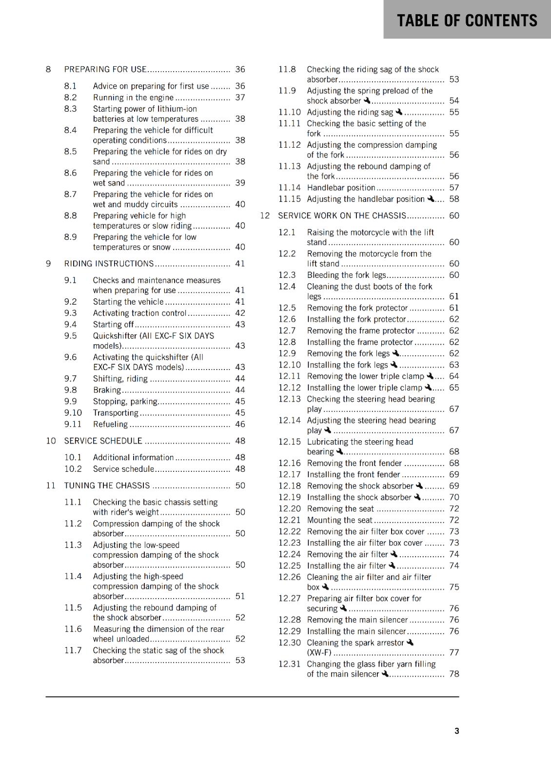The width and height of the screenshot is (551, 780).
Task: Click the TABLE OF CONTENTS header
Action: (x=467, y=20)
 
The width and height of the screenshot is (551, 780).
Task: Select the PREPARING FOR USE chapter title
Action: (x=105, y=69)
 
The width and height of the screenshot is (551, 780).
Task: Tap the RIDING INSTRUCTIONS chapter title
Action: (x=109, y=264)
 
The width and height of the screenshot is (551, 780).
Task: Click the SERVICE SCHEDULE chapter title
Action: (x=103, y=441)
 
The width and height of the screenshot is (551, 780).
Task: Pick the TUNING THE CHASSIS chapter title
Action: (x=107, y=486)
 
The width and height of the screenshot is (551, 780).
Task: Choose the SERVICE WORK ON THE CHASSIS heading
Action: (x=342, y=215)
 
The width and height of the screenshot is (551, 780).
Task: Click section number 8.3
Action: (x=70, y=109)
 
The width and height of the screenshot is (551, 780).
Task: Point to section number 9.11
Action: (x=73, y=424)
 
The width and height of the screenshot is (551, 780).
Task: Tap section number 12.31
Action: (x=289, y=664)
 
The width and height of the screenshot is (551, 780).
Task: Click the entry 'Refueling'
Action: (x=110, y=424)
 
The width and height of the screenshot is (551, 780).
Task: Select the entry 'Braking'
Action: (x=107, y=390)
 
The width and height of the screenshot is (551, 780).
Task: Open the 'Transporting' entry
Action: (x=116, y=413)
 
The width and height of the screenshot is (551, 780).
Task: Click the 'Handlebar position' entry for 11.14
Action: (x=341, y=188)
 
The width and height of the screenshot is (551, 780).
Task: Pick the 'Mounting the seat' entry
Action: (x=339, y=520)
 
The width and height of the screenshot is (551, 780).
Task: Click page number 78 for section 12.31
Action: (x=454, y=674)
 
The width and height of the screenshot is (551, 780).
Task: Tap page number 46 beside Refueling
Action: (x=240, y=424)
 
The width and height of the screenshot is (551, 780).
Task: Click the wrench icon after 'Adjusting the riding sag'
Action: (x=399, y=112)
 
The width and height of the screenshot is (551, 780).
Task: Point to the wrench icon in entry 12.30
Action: (x=410, y=642)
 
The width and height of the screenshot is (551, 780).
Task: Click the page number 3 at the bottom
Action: (x=456, y=731)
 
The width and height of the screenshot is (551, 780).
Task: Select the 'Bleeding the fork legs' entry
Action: (x=346, y=275)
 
